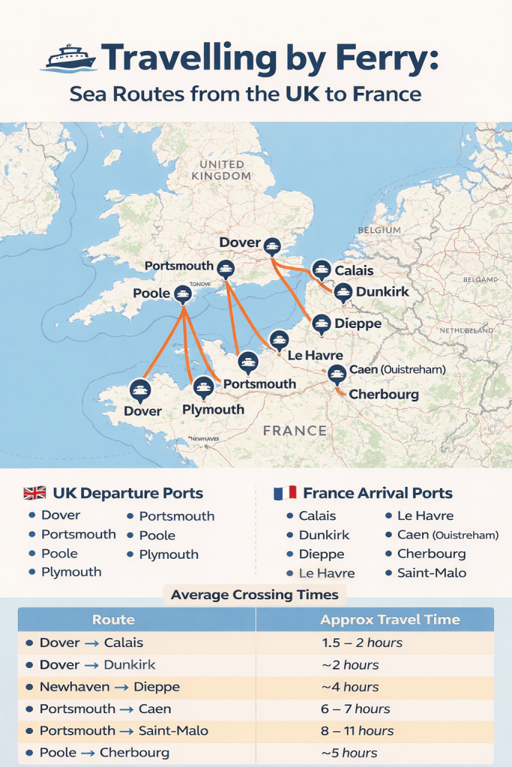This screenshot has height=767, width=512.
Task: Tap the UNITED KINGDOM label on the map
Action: pos(221,170)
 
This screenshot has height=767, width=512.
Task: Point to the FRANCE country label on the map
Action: pos(295,431)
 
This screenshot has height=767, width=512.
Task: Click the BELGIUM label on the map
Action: pos(379,231)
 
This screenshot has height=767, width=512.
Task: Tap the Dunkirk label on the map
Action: pos(382,291)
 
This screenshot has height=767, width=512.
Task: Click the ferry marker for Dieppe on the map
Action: pos(321,324)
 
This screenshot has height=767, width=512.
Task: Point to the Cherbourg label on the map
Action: pos(384,394)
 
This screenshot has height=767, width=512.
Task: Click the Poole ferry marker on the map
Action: pos(181,294)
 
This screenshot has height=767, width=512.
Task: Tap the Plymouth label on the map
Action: pos(214,410)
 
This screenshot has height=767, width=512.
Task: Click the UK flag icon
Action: pos(34,494)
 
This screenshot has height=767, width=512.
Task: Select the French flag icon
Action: pos(285,494)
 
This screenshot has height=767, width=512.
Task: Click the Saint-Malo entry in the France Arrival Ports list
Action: pos(431,573)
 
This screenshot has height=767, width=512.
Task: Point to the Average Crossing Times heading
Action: pos(255,595)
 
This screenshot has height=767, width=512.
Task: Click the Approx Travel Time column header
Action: pos(390,620)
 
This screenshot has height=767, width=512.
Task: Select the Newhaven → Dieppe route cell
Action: pos(109,687)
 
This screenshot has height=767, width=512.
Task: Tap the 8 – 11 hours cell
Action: pos(356,731)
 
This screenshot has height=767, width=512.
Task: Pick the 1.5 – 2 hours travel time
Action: pos(361,643)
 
